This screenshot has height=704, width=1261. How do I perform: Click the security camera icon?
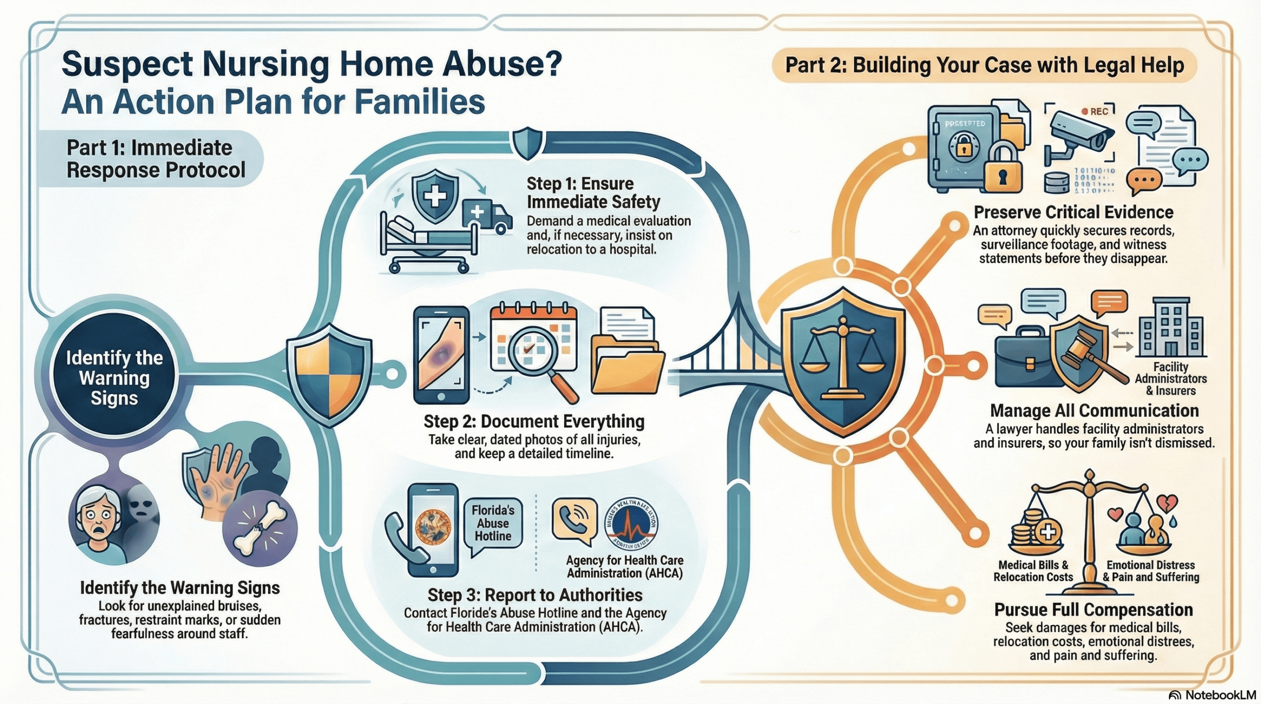[x=1079, y=136]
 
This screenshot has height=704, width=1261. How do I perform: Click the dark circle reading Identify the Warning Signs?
[x=114, y=377]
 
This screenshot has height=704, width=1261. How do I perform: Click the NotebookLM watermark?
[x=1212, y=695]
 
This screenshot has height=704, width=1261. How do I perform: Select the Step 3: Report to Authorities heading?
[x=535, y=595]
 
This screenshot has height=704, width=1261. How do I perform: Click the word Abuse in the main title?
[x=493, y=65]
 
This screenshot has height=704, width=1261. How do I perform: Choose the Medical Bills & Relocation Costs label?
[x=1033, y=571]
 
